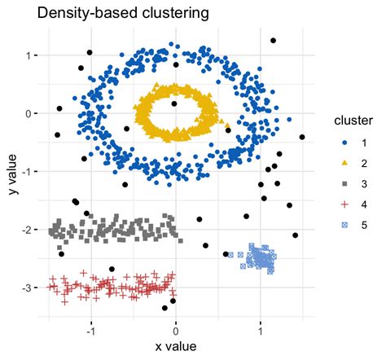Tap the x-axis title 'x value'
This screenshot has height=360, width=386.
(x=175, y=347)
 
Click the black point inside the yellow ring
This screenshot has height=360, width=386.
(x=174, y=103)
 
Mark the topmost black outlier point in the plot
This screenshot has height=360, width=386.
(x=274, y=40)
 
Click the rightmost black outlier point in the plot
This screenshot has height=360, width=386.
(x=302, y=138)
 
